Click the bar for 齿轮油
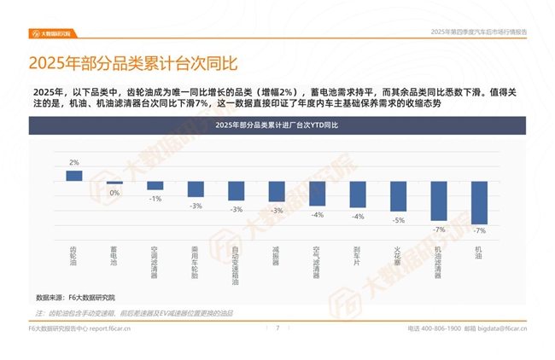[74, 175]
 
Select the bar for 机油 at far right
[479, 203]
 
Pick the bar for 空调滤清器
[155, 185]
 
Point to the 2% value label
[74, 162]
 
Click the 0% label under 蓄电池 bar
[114, 193]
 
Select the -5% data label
[398, 220]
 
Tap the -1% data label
[155, 198]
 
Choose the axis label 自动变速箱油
[236, 265]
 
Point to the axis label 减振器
[276, 258]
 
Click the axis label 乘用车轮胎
[196, 263]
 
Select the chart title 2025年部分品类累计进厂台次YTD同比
[277, 125]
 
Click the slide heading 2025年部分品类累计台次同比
[132, 64]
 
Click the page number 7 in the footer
[277, 327]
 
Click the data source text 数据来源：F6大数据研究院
[75, 297]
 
